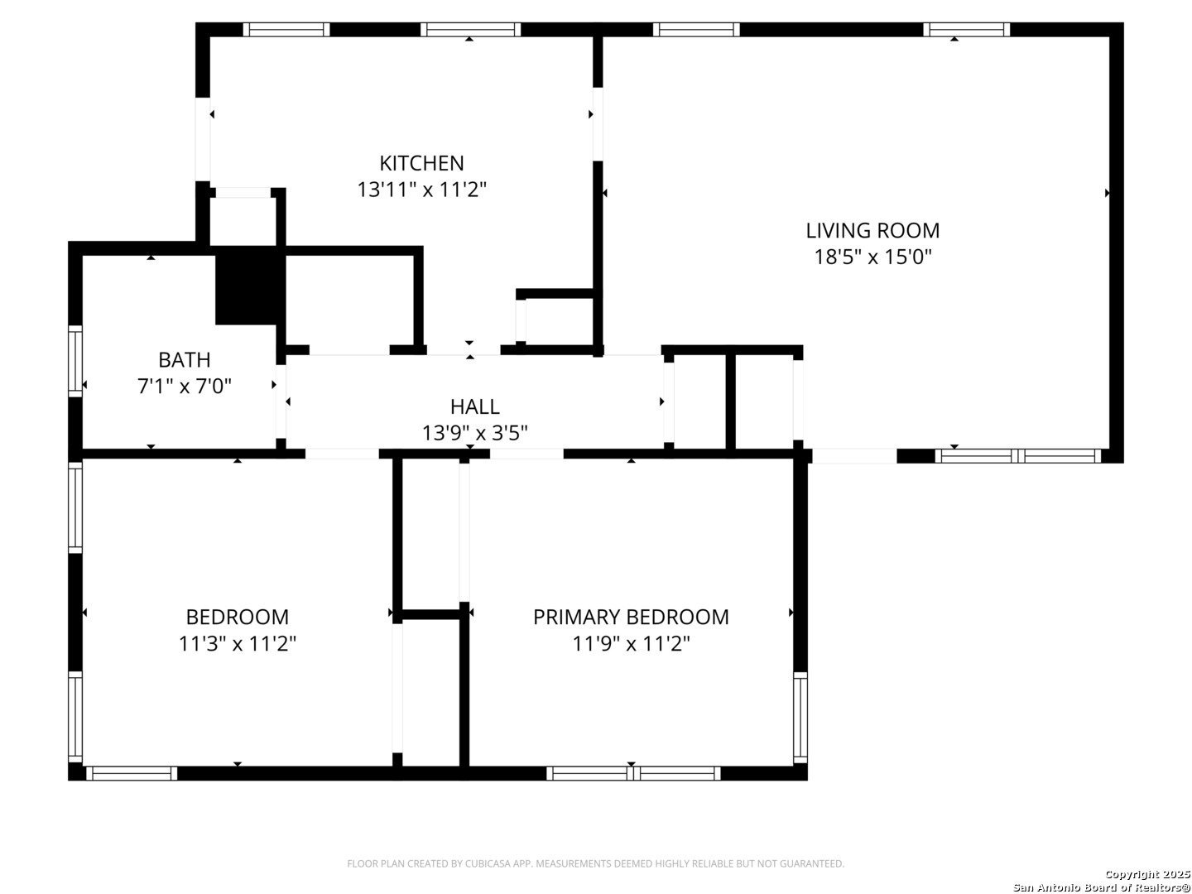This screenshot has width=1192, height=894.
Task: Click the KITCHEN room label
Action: (421, 163)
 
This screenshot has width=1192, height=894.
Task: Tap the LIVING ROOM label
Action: (872, 230)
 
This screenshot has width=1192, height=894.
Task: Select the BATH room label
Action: (184, 360)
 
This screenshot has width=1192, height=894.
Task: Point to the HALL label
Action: (474, 406)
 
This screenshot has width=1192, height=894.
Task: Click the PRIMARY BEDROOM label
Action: (631, 617)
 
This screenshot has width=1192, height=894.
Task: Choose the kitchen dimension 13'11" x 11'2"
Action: (421, 190)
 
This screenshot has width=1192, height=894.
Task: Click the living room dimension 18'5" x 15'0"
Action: (872, 257)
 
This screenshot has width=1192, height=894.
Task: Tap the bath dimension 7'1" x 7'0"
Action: (184, 386)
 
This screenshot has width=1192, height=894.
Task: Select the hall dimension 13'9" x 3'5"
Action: (474, 432)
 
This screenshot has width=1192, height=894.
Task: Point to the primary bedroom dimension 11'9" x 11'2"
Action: (631, 643)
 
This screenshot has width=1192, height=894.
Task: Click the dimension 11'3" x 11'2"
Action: (238, 643)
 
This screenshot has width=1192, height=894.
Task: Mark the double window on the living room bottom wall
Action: (1018, 455)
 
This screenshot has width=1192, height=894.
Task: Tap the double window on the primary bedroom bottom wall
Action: (633, 773)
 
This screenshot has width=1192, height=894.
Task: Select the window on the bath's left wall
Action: (75, 361)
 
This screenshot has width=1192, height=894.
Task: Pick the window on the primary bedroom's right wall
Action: (800, 717)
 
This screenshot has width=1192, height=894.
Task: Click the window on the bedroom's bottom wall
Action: (132, 773)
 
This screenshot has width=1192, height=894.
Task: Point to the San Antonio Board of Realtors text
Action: (1101, 887)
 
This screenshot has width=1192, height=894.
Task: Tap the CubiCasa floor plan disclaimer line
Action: (595, 863)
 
